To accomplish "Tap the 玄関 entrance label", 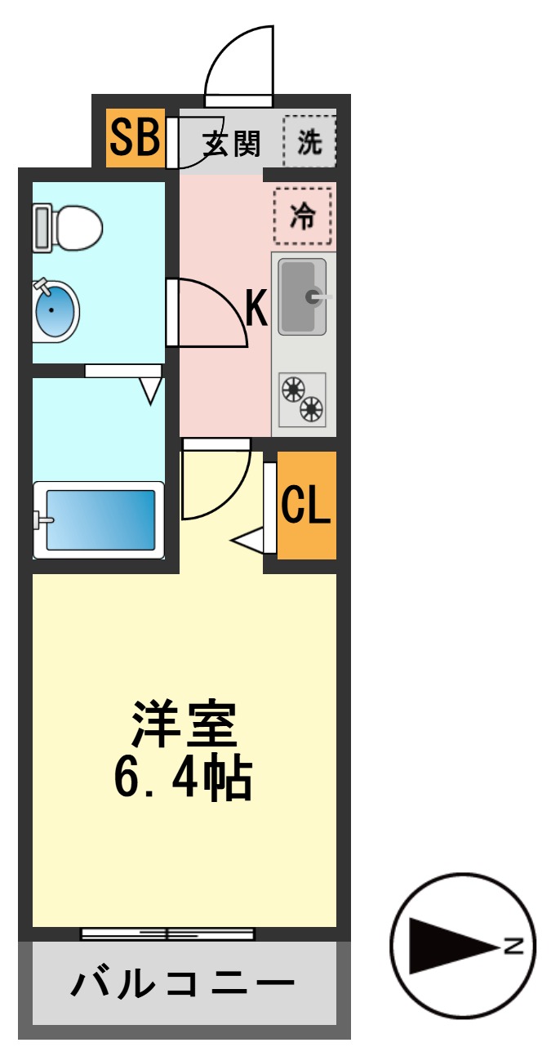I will tap(232, 144).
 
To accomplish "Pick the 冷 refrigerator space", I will tap(303, 216).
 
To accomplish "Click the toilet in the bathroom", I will tap(69, 228).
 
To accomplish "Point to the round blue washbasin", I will tap(56, 310).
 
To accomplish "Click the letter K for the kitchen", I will tap(256, 310).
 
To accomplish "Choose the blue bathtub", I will tap(98, 519).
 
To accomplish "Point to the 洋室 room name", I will tap(184, 724).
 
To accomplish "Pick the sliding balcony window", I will tap(167, 933).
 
